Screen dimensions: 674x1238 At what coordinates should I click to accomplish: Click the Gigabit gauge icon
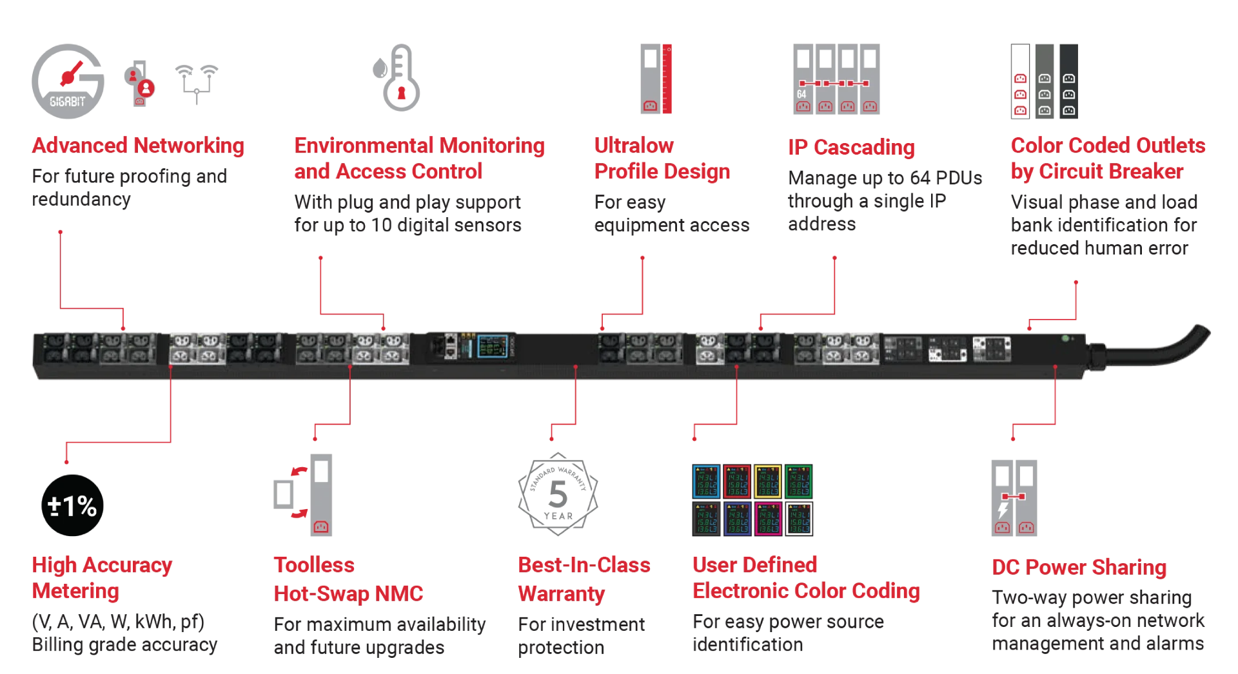pyautogui.click(x=68, y=81)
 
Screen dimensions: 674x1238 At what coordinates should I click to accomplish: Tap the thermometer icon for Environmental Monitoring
pyautogui.click(x=398, y=78)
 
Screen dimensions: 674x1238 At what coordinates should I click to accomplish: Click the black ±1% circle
pyautogui.click(x=72, y=505)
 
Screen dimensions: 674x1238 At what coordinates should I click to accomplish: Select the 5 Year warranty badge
pyautogui.click(x=558, y=495)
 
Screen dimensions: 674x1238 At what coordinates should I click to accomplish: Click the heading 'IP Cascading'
pyautogui.click(x=850, y=148)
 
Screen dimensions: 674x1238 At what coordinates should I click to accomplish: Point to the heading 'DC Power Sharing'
pyautogui.click(x=1079, y=567)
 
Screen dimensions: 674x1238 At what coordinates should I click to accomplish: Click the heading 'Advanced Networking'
pyautogui.click(x=138, y=146)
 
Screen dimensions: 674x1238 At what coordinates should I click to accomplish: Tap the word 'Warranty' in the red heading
pyautogui.click(x=561, y=593)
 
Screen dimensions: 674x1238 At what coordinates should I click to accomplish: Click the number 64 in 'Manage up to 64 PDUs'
pyautogui.click(x=919, y=178)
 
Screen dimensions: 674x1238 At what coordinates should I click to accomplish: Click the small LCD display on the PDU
pyautogui.click(x=492, y=346)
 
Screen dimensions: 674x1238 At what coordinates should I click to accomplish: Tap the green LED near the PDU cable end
pyautogui.click(x=1065, y=338)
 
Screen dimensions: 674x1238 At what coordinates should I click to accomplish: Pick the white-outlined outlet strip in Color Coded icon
pyautogui.click(x=1020, y=81)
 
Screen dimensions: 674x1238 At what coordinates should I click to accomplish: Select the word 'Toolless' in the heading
pyautogui.click(x=314, y=565)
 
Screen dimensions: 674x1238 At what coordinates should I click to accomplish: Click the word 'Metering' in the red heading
pyautogui.click(x=76, y=591)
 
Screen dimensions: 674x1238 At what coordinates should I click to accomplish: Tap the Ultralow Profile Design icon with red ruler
pyautogui.click(x=656, y=79)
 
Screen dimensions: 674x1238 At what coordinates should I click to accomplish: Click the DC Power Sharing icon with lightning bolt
pyautogui.click(x=1014, y=498)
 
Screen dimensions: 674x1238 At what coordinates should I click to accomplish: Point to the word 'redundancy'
pyautogui.click(x=81, y=200)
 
